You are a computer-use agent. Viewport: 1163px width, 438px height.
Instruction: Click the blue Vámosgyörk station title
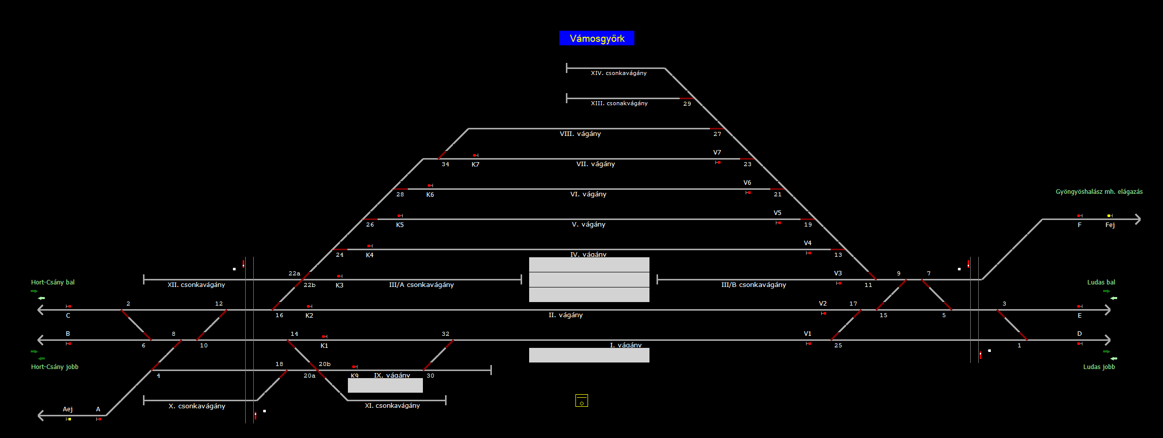tap(597, 38)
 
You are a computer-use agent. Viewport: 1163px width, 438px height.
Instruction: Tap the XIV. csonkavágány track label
tap(619, 73)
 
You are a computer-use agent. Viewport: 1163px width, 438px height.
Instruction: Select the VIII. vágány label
tap(580, 134)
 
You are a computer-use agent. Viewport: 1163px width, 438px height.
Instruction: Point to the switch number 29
tap(687, 104)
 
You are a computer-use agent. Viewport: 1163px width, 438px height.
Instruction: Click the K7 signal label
tap(475, 165)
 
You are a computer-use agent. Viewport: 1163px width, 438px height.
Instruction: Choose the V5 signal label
tap(777, 213)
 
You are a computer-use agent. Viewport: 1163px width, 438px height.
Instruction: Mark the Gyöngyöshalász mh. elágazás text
tap(1099, 192)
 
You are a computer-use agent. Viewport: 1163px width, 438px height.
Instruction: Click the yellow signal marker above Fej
tap(1109, 216)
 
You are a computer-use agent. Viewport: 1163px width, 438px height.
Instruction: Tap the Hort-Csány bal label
tap(53, 282)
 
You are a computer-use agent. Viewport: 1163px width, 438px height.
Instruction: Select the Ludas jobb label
tap(1099, 367)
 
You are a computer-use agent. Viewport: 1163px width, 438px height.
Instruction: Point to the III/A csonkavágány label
tap(421, 285)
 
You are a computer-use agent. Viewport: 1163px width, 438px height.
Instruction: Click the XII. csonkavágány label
tap(196, 285)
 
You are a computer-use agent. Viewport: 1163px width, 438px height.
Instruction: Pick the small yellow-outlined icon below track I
tap(581, 401)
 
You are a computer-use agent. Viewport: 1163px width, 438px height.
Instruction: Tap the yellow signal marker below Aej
tap(69, 419)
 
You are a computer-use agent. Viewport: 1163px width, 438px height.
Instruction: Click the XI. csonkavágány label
tap(392, 406)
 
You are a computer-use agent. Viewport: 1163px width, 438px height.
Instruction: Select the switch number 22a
tap(295, 273)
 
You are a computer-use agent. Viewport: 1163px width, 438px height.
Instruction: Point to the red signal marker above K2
tap(309, 306)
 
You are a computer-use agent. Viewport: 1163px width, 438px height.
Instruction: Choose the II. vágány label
tap(565, 315)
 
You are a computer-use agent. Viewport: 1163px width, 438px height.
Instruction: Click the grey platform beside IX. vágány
tap(385, 385)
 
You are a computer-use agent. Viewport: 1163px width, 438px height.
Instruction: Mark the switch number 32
tap(446, 334)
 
